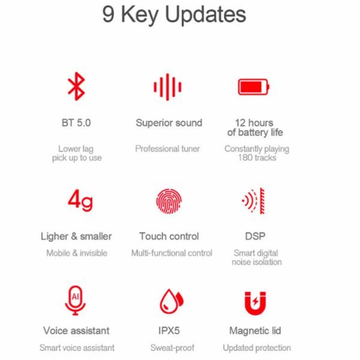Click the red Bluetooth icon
76,86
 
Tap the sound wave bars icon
167,87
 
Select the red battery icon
253,87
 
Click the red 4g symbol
80,200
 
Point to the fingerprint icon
169,201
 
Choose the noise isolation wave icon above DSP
253,201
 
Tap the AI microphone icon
76,301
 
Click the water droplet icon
171,301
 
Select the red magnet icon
255,303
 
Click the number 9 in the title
108,14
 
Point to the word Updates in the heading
205,15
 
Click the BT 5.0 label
76,122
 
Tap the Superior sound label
169,123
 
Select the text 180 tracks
257,158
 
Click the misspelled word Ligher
55,236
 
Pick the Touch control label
169,236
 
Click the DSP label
255,236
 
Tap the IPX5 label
169,331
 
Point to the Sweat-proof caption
172,348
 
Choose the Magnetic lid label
255,331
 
